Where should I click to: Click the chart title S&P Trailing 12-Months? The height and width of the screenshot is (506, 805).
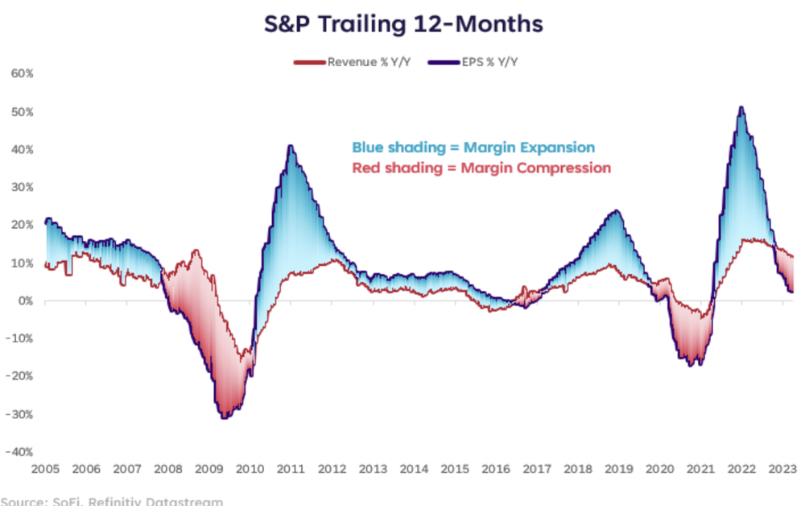[x=403, y=24]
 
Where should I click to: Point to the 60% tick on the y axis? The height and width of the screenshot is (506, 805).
[x=22, y=73]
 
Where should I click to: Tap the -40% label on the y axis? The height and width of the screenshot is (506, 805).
[x=20, y=452]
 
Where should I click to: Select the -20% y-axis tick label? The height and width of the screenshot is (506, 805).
[x=20, y=376]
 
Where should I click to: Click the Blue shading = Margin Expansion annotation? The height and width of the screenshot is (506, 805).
[x=473, y=147]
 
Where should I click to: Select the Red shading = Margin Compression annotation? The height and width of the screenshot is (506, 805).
[x=481, y=168]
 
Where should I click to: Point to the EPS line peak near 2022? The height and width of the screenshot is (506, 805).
[x=741, y=107]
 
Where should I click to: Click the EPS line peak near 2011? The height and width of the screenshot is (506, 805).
[x=290, y=146]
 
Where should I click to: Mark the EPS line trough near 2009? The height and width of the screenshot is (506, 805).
[x=223, y=417]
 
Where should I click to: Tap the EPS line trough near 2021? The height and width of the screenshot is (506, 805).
[x=693, y=365]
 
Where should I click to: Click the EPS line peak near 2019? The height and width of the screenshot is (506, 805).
[x=617, y=211]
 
